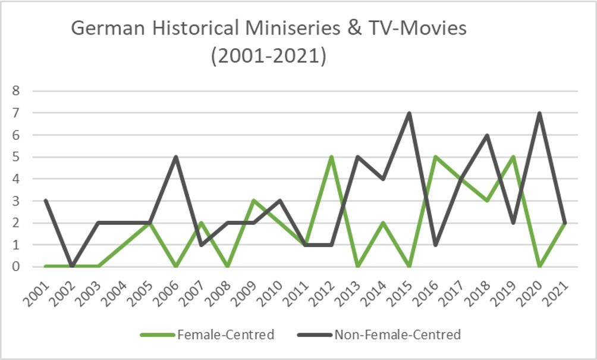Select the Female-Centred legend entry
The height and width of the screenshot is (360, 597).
tap(207, 334)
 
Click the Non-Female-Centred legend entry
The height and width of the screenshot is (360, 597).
tap(379, 334)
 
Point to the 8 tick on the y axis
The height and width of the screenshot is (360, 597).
tap(15, 90)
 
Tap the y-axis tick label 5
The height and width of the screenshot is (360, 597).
tap(15, 156)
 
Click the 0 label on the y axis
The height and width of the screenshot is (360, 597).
tap(15, 267)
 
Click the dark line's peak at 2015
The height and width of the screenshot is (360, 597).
tap(409, 113)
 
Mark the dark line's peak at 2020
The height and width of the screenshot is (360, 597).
tap(539, 113)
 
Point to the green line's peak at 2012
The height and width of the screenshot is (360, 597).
tap(331, 156)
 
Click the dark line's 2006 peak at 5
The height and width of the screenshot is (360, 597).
tap(175, 156)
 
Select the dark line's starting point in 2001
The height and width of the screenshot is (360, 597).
tap(46, 201)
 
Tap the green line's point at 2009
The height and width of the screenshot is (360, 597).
tap(253, 201)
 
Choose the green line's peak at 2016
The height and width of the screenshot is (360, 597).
tap(435, 156)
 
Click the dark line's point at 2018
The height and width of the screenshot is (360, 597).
tap(487, 135)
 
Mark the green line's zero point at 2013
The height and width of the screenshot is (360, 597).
tap(357, 267)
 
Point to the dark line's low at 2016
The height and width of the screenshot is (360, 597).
tap(435, 245)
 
